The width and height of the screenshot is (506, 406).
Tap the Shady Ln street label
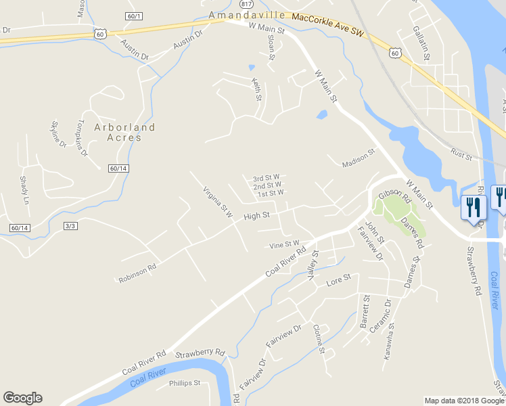tap(26, 191)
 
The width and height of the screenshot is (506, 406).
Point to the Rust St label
tap(461, 156)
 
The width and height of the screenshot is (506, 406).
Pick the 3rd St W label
tap(267, 178)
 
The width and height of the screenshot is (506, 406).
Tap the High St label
tap(256, 216)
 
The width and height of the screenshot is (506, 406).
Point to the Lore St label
tap(338, 278)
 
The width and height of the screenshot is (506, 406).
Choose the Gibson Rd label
tap(394, 196)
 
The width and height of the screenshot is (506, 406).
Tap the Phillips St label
tap(185, 383)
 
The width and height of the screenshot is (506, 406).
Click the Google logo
tap(22, 398)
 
